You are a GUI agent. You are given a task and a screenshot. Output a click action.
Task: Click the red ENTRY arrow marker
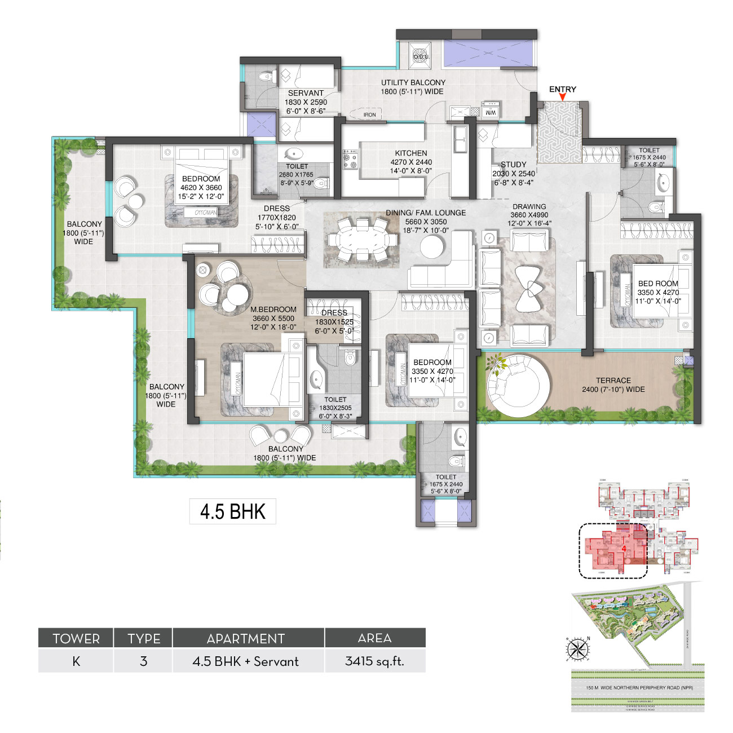tap(562, 98)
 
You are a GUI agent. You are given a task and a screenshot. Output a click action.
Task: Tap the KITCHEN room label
tap(411, 153)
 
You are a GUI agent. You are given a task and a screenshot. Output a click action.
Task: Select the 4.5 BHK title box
tap(233, 511)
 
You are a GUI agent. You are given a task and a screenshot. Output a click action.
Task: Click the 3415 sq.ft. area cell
tap(375, 661)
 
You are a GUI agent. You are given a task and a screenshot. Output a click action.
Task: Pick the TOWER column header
tap(76, 638)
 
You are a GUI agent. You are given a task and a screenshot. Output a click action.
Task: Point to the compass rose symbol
tap(577, 648)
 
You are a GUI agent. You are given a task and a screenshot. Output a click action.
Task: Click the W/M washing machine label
tap(491, 112)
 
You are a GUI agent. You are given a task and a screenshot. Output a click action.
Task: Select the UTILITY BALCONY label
tap(413, 83)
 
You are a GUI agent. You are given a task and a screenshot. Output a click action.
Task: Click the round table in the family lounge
tap(432, 246)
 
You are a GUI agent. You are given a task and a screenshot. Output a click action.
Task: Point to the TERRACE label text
tap(613, 381)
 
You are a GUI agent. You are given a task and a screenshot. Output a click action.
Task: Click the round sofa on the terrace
tap(518, 386)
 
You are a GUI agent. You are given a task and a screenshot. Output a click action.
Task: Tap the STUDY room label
tap(513, 165)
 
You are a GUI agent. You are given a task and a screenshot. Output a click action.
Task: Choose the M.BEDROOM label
tap(273, 310)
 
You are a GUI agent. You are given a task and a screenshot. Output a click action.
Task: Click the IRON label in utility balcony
tap(369, 115)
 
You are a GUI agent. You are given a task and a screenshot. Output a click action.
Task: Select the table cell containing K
tap(76, 661)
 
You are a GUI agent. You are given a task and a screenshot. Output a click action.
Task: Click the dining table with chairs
tap(360, 240)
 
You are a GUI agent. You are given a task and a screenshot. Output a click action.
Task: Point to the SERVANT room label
tap(306, 93)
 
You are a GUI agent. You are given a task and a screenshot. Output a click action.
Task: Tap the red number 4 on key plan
tap(624, 547)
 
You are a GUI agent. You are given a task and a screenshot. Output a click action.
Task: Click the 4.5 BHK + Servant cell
tap(246, 661)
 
